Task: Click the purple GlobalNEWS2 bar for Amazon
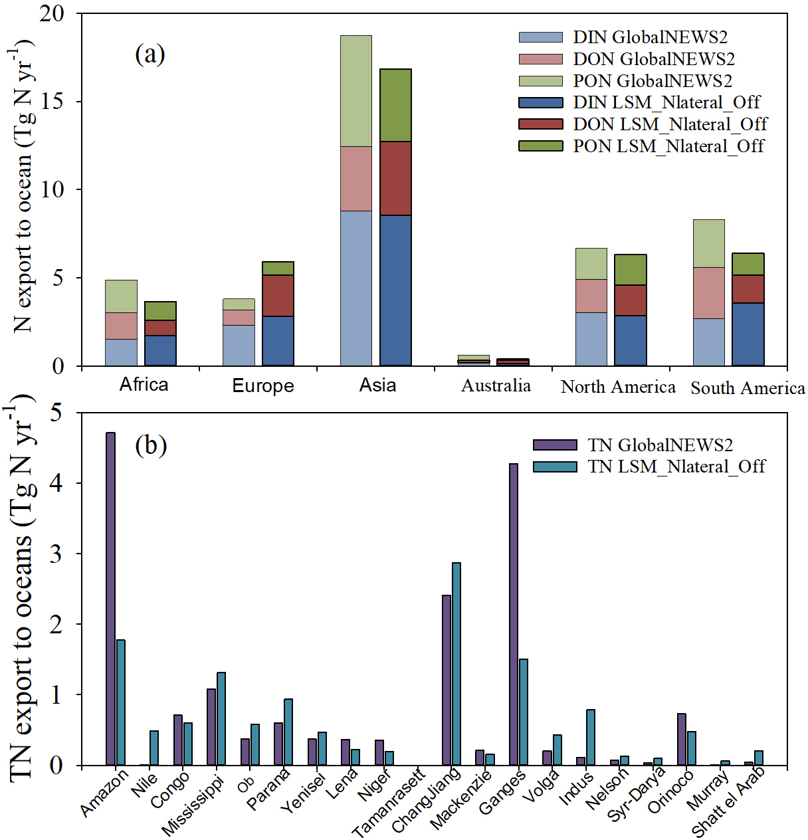click(110, 598)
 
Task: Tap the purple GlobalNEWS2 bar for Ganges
click(514, 614)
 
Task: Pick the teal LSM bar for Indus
click(591, 737)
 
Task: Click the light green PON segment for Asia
click(356, 91)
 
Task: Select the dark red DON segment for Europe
click(278, 296)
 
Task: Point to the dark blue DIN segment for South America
click(748, 334)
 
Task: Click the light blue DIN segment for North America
click(591, 339)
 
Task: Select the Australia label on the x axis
click(496, 386)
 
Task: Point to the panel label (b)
click(150, 445)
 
